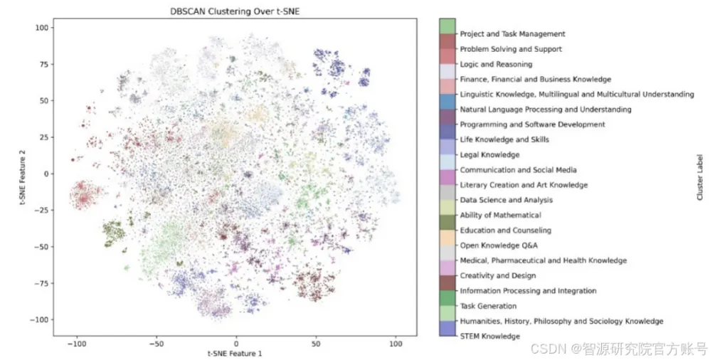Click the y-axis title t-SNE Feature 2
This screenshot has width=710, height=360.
point(28,174)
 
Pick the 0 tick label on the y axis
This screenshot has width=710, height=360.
point(46,174)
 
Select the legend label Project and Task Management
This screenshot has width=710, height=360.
point(512,34)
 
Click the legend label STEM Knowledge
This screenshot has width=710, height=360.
point(489,336)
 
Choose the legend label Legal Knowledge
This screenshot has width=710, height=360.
point(489,155)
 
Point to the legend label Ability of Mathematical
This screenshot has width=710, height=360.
point(500,216)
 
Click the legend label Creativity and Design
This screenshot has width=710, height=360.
point(497,276)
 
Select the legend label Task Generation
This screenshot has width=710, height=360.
point(488,306)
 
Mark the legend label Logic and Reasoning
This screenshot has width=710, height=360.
point(496,65)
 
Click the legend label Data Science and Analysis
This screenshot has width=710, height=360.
point(506,200)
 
